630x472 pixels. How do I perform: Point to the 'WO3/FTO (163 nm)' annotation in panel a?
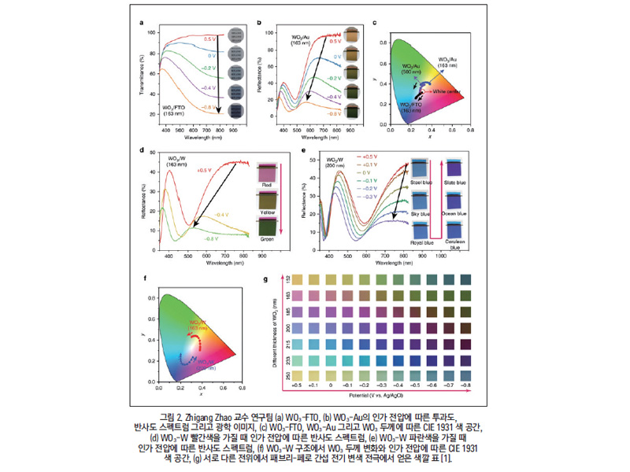click(x=174, y=109)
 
